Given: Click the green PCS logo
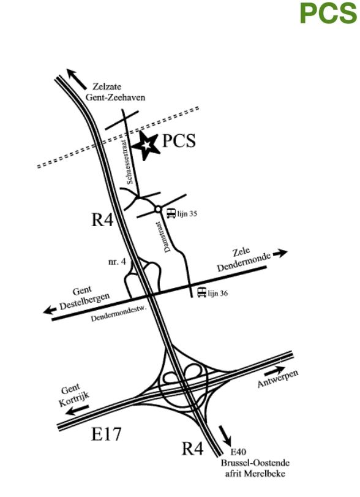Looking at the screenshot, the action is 328,13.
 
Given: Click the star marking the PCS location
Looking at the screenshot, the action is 145,146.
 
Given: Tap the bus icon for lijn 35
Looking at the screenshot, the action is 171,213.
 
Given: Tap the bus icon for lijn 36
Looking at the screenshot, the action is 201,292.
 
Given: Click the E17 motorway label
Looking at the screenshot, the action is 106,434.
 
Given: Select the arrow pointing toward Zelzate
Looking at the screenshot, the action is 76,78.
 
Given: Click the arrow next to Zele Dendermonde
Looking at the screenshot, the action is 280,253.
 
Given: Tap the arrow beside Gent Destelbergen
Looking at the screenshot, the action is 50,310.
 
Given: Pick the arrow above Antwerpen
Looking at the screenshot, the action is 274,371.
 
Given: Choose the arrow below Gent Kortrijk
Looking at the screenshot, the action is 77,411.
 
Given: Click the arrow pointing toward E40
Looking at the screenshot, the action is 225,435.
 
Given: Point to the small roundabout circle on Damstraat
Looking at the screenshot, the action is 158,209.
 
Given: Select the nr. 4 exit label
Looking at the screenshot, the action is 117,262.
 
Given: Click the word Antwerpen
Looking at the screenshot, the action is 278,379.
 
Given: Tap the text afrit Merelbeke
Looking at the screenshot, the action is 255,474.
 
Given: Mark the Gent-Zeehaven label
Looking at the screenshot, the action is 115,97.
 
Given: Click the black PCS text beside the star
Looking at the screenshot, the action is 179,140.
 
